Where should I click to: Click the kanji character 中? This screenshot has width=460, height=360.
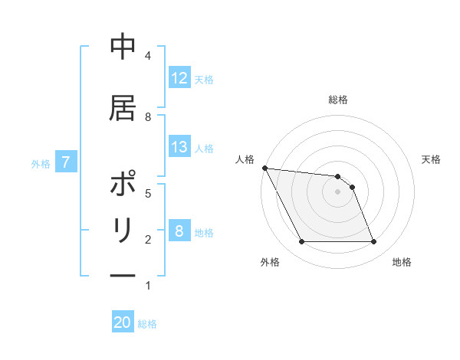(123, 47)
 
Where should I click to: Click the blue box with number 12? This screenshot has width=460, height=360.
(179, 78)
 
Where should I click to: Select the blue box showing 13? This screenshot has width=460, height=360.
(179, 147)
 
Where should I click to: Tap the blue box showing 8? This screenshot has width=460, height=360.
(179, 231)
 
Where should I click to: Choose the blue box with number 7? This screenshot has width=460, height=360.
(67, 162)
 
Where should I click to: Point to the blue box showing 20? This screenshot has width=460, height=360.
(123, 322)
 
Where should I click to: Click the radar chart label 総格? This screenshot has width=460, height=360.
(337, 100)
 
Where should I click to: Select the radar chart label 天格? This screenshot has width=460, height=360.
(431, 159)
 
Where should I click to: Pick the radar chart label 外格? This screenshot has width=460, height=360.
(270, 262)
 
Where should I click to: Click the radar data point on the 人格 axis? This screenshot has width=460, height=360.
(264, 168)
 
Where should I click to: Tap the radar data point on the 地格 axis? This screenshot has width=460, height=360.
(373, 242)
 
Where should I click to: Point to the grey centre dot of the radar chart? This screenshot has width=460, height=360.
(337, 191)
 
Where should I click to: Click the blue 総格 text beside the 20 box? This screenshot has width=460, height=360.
(147, 324)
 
